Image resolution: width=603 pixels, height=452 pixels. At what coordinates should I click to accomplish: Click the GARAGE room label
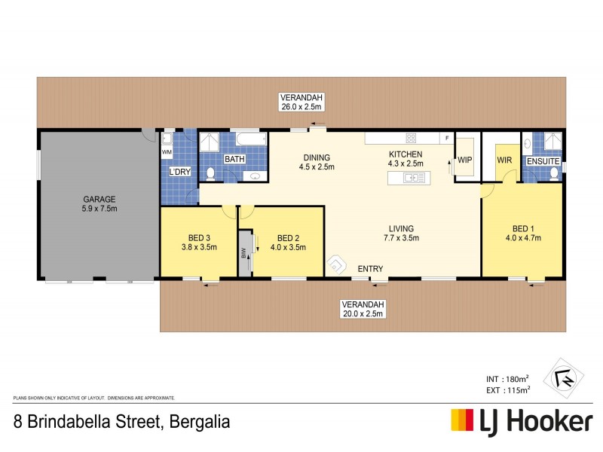pyautogui.click(x=99, y=199)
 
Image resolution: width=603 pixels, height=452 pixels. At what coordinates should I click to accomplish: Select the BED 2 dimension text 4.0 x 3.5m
pyautogui.click(x=289, y=246)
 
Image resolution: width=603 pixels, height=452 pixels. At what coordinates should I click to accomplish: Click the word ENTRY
pyautogui.click(x=370, y=269)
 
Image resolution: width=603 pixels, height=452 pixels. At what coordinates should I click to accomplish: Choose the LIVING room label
pyautogui.click(x=401, y=228)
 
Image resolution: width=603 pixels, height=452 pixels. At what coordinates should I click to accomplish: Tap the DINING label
pyautogui.click(x=316, y=157)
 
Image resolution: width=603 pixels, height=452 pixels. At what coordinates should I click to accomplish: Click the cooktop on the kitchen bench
pyautogui.click(x=412, y=138)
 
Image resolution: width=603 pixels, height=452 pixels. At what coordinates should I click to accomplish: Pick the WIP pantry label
pyautogui.click(x=464, y=160)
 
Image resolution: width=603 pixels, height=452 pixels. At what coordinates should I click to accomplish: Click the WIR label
pyautogui.click(x=504, y=160)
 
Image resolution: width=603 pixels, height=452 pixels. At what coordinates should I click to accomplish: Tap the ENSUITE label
pyautogui.click(x=543, y=161)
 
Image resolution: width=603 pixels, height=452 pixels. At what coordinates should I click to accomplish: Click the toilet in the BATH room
pyautogui.click(x=212, y=173)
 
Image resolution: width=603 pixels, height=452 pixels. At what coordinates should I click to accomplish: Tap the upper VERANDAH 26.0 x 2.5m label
pyautogui.click(x=301, y=102)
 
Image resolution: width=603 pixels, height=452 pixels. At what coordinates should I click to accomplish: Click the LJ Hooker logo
pyautogui.click(x=521, y=421)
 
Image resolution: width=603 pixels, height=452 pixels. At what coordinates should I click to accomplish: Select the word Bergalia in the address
pyautogui.click(x=197, y=420)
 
